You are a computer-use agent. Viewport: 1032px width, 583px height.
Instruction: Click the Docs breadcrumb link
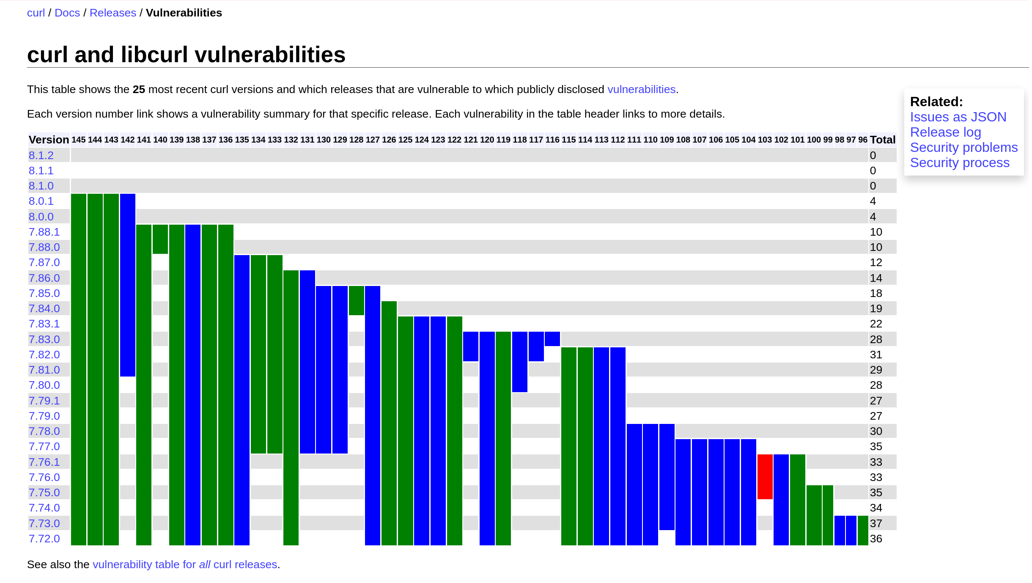[67, 13]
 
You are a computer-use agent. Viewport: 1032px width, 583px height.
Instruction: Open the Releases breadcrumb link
[113, 13]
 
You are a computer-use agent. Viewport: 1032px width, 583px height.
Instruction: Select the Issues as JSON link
[958, 117]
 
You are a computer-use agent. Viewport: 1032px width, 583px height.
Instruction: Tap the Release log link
[945, 132]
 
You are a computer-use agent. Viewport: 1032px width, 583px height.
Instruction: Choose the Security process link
[960, 162]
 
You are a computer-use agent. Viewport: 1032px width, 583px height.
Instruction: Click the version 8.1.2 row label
[41, 155]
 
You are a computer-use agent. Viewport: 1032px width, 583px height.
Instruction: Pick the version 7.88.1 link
[44, 232]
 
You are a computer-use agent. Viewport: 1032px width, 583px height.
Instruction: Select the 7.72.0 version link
[44, 539]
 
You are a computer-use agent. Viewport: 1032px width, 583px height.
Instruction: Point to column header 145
[79, 140]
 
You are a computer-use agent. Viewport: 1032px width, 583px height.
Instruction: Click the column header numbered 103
[765, 140]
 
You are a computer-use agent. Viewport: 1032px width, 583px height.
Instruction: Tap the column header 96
[863, 140]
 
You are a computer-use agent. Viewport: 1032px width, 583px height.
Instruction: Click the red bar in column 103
[765, 477]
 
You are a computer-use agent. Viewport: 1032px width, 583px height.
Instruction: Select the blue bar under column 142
[128, 285]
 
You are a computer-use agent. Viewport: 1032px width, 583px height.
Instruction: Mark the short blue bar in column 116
[552, 339]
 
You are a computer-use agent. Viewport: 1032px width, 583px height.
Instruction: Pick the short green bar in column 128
[357, 300]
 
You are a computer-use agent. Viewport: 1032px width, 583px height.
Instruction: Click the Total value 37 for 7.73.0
[876, 523]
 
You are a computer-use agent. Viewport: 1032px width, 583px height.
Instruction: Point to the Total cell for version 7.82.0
[876, 355]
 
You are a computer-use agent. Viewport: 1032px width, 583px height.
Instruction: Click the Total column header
[883, 140]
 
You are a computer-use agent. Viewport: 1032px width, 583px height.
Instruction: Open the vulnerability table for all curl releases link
[185, 564]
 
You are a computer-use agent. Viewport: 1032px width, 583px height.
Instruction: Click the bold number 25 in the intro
[139, 89]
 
